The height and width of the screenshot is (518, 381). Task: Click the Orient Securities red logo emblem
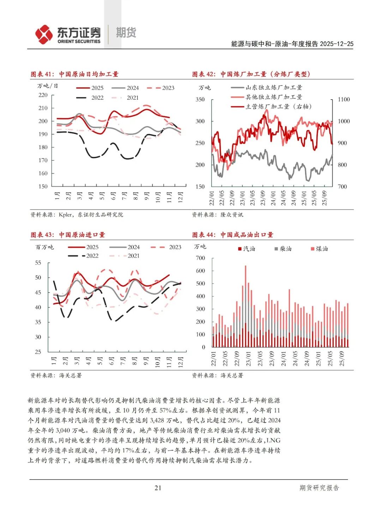tap(44, 34)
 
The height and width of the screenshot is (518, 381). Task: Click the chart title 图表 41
tap(74, 74)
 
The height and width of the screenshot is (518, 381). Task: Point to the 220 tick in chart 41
tap(43, 95)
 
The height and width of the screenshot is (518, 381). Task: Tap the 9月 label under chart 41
tap(146, 196)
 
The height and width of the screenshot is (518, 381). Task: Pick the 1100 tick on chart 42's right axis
tap(344, 100)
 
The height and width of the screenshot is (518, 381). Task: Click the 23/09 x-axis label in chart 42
tap(263, 198)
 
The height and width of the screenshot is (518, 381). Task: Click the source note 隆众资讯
tap(232, 214)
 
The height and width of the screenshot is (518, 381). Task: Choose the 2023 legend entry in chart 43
tap(166, 247)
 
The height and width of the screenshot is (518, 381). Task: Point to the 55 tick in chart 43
tap(38, 263)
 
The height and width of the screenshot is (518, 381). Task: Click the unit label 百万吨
tap(44, 247)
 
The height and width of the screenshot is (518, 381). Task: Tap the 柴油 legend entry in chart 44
tap(283, 249)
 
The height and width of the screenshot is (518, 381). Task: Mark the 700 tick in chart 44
tap(200, 258)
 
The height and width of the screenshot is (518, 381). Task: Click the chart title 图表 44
tap(232, 235)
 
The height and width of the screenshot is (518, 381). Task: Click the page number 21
tap(158, 488)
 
